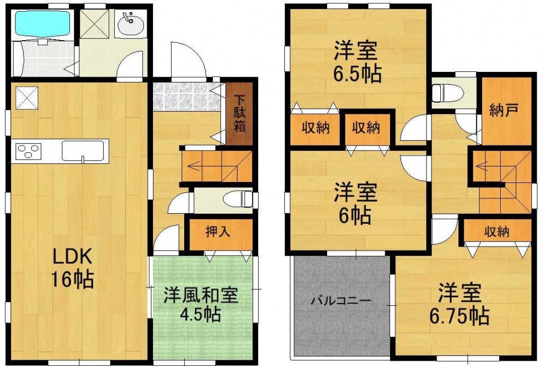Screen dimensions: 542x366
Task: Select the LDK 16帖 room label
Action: (x=72, y=268)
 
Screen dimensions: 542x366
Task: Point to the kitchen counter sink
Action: (x=83, y=151)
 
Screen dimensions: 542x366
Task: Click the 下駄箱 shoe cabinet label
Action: (x=239, y=113)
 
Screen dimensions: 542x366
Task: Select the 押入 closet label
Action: (x=218, y=232)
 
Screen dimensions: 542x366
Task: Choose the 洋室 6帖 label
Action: (x=355, y=204)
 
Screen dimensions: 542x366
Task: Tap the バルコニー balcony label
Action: (x=340, y=300)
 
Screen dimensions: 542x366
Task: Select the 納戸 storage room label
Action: (x=504, y=110)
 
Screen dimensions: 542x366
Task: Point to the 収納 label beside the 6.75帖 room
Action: (x=496, y=232)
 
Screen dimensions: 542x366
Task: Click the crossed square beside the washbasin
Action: (x=94, y=23)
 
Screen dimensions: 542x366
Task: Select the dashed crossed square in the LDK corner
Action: (x=26, y=98)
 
